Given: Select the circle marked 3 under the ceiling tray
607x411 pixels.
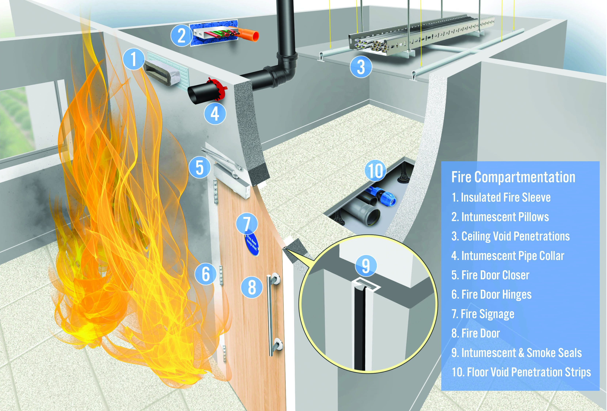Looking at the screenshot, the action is (x=361, y=67).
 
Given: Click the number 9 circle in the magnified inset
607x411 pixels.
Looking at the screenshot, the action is (x=366, y=266).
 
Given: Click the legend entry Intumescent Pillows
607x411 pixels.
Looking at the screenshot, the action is (x=500, y=217).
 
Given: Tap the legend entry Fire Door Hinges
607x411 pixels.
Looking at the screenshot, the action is (x=491, y=294).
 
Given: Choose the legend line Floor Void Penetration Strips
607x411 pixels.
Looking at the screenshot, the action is (x=521, y=372).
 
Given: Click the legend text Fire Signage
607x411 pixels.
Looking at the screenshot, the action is (x=483, y=314).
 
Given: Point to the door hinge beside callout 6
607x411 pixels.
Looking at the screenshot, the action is (x=221, y=275).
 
